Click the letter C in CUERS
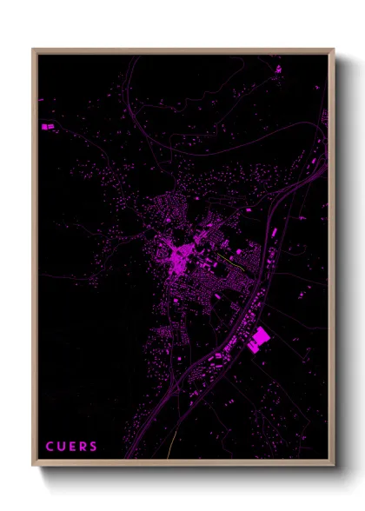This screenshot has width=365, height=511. [x=49, y=448]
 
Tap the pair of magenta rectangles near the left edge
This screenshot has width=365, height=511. [x=46, y=127]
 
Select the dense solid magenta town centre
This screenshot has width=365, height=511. [x=181, y=258]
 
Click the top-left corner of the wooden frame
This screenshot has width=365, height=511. [x=33, y=50]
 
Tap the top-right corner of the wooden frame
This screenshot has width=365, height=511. [x=334, y=50]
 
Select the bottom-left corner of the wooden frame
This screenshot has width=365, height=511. [x=33, y=465]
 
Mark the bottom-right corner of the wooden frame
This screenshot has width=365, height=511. [x=334, y=465]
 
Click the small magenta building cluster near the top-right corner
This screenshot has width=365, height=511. [x=277, y=68]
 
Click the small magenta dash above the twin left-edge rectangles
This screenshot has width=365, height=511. [x=41, y=100]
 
